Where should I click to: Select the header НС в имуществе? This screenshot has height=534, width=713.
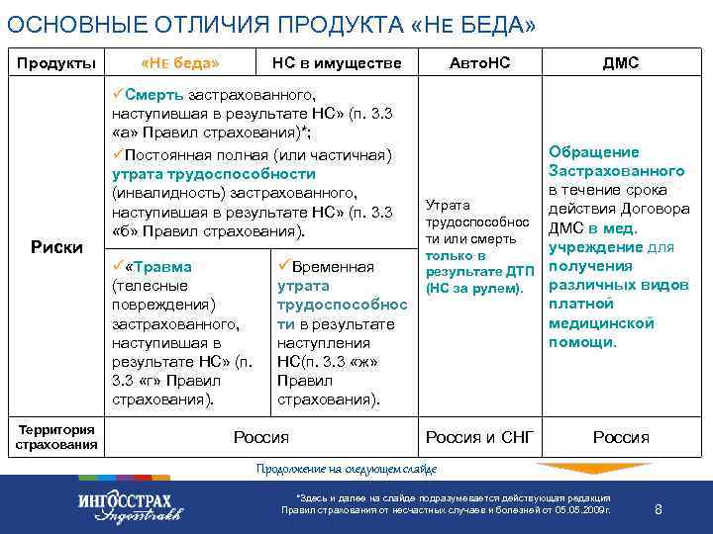pos(337,63)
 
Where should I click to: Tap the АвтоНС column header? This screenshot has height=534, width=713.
pos(480,63)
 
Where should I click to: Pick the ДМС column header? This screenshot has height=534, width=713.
pos(621,63)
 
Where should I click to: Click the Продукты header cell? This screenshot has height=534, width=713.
pos(56,63)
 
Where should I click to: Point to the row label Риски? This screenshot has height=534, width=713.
pos(56,246)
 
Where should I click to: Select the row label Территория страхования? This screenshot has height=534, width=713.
pos(56,436)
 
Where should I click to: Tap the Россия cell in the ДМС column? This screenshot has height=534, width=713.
pos(621,437)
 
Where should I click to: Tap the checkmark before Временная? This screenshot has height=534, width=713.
pos(283,267)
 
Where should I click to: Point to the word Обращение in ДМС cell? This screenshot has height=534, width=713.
pos(593,152)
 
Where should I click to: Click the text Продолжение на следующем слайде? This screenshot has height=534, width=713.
pos(346,468)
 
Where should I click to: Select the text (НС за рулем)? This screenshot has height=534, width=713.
pos(473,289)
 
